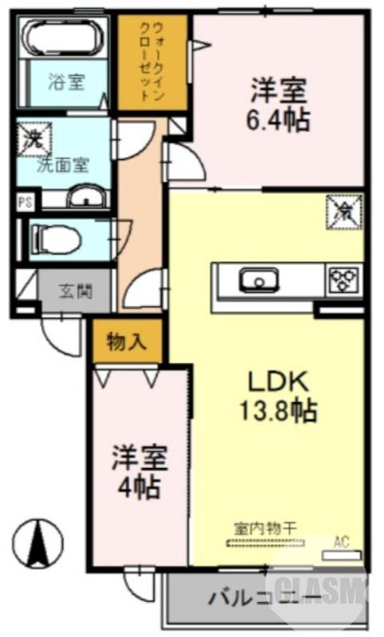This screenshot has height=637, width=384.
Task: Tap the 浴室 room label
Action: [65, 82]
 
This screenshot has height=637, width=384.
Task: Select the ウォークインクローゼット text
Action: [151, 62]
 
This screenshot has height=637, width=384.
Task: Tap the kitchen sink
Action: [258, 279]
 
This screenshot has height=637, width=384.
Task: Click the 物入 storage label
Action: [127, 342]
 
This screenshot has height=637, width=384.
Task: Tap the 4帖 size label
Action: [137, 485]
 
